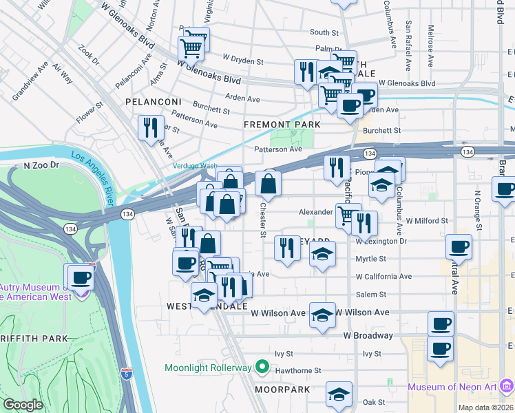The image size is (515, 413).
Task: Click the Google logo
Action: [23, 405]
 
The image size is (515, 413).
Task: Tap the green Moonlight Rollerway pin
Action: [262, 368]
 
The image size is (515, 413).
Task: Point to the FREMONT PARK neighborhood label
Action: [282, 125]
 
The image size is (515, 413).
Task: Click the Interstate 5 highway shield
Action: [126, 374]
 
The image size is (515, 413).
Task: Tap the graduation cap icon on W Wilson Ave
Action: [322, 315]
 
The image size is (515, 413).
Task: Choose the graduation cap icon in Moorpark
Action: [339, 394]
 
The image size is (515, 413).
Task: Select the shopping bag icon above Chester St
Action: [268, 184]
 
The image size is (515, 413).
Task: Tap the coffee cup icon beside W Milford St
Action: [459, 246]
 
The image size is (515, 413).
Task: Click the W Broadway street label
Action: [368, 336]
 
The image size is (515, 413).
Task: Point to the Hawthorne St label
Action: [299, 370]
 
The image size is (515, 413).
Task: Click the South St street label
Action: [324, 32]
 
